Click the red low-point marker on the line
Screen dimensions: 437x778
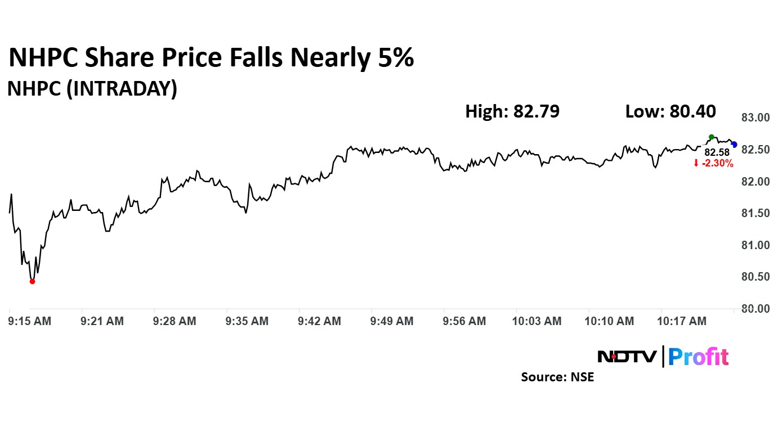32,281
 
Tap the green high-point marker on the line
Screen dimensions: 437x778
712,137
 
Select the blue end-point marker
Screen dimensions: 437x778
734,145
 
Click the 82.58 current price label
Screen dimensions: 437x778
717,152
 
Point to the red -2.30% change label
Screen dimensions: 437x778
713,164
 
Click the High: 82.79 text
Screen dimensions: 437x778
512,111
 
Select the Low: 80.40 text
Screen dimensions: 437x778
670,111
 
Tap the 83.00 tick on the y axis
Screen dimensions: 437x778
755,118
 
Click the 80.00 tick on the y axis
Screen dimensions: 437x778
755,309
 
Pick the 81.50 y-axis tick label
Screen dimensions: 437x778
755,213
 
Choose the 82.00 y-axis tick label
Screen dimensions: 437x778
755,182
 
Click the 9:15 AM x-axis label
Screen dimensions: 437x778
30,321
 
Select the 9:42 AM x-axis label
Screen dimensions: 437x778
319,321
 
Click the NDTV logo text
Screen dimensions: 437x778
627,357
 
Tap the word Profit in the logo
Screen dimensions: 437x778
698,357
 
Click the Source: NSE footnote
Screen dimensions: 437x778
557,377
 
